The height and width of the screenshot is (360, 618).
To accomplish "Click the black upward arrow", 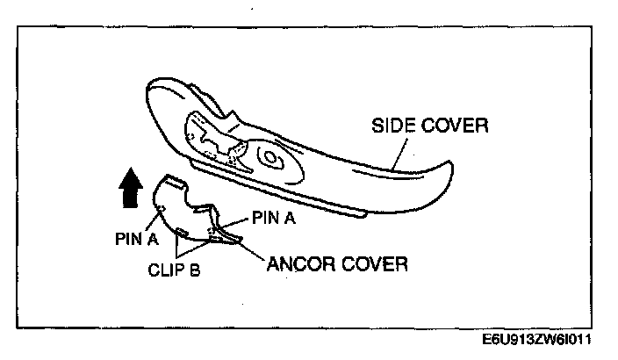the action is (129, 190).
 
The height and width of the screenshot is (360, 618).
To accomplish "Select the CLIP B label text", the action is (174, 270).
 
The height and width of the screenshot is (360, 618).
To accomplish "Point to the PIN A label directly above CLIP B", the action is (137, 236).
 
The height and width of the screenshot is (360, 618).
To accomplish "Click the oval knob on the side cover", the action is (269, 160).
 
